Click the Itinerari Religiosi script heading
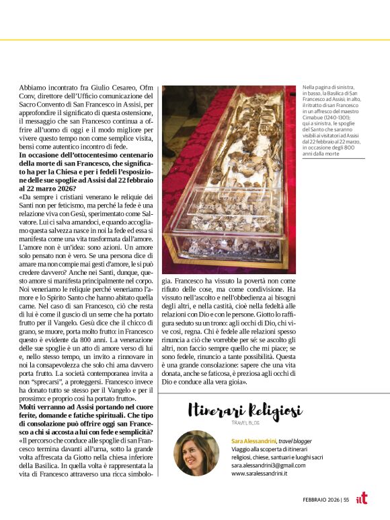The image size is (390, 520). pyautogui.click(x=244, y=410)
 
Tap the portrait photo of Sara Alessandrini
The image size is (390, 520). pyautogui.click(x=196, y=453)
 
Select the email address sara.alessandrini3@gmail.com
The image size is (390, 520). pyautogui.click(x=268, y=465)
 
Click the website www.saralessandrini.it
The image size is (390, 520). pyautogui.click(x=260, y=474)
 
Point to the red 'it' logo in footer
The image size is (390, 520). pyautogui.click(x=362, y=498)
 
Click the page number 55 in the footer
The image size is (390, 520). pyautogui.click(x=346, y=500)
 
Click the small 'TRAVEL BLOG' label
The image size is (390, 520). pyautogui.click(x=245, y=422)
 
